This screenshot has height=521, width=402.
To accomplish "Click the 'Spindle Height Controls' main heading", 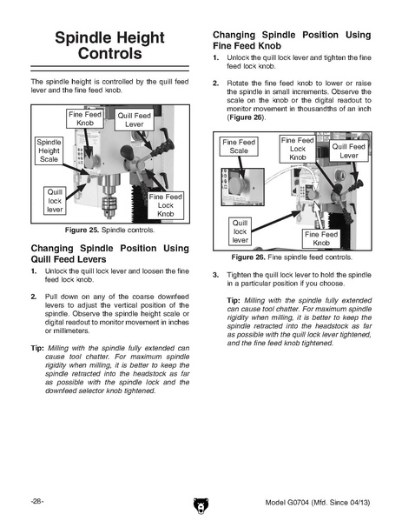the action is [109, 45].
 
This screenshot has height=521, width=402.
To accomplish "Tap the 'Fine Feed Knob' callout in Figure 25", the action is [85, 118].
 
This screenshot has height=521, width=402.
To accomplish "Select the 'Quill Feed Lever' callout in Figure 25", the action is [135, 120].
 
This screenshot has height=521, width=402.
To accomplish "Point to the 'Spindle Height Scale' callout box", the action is [49, 150].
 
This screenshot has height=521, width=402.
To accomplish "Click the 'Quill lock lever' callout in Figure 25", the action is [55, 201].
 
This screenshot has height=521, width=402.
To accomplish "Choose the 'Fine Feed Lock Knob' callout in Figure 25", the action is [166, 205].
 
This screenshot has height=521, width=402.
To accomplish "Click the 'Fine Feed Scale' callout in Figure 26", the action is [239, 146].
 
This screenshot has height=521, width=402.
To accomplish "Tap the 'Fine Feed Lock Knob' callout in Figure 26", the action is [298, 149].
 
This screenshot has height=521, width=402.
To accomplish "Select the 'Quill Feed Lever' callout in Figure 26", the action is [349, 150].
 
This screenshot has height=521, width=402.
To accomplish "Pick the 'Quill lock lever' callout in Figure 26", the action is [240, 231].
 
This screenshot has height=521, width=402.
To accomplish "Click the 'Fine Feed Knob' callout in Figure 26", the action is [321, 238].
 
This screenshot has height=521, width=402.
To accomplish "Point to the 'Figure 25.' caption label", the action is [82, 230].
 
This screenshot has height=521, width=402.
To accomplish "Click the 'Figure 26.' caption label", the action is [248, 257].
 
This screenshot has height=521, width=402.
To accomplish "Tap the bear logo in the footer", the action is [201, 505].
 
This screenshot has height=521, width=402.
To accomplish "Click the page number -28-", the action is [37, 501].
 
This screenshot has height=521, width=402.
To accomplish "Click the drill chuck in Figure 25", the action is [108, 208].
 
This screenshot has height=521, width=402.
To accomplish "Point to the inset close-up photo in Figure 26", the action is [243, 187].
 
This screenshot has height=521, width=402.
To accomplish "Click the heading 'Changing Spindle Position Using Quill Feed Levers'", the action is [109, 253].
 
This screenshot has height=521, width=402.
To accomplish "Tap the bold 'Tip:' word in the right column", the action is [234, 300].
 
